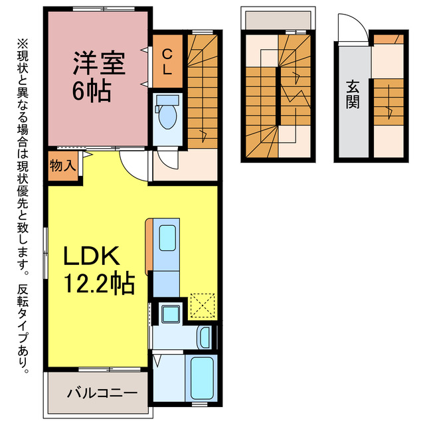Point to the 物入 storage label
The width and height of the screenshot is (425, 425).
point(62,165)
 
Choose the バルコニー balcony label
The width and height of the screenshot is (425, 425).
point(102,392)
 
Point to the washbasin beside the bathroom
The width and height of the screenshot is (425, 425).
point(207,337)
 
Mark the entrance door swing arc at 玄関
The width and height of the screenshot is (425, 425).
point(350,28)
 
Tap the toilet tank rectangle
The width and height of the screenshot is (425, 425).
point(166,100)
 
